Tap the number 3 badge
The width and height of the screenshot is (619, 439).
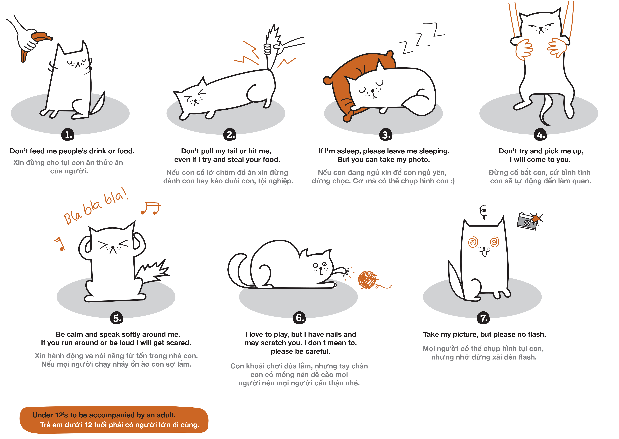coord(386,134)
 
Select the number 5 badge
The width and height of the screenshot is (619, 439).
coord(117,318)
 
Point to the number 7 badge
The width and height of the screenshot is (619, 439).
coord(484,318)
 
